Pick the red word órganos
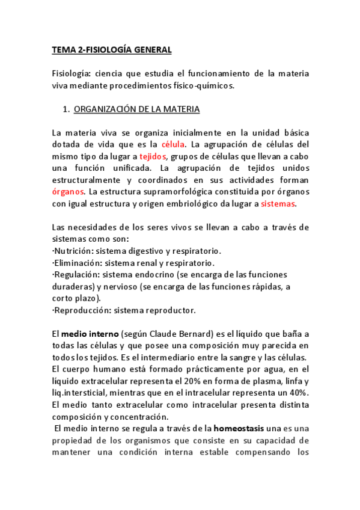[x=68, y=192]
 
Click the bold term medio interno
[x=90, y=334]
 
